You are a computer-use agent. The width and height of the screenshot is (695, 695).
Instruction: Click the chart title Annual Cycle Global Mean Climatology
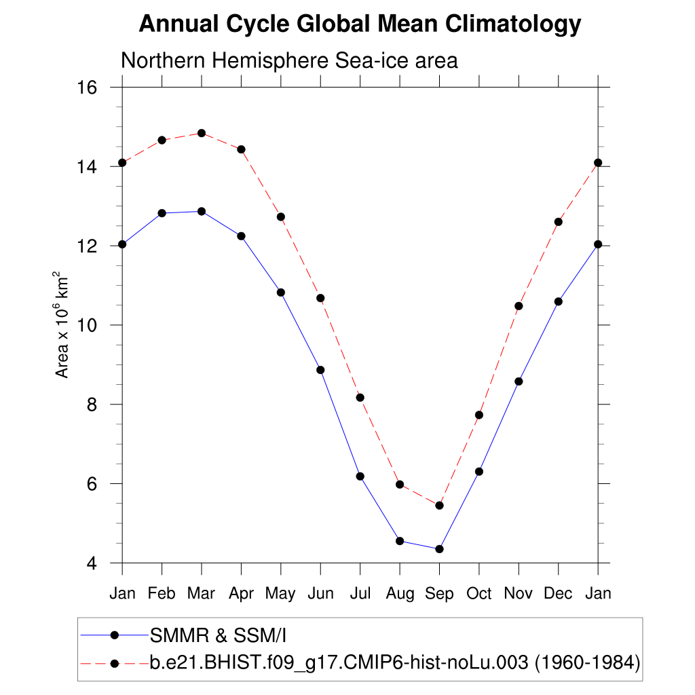[360, 24]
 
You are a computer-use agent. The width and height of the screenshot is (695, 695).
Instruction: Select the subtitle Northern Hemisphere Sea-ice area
[289, 61]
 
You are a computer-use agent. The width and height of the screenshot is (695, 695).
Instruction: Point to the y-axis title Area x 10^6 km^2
[62, 325]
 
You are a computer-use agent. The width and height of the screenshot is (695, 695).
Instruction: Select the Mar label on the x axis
[201, 594]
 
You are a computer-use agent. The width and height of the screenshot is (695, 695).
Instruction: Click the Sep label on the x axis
[439, 594]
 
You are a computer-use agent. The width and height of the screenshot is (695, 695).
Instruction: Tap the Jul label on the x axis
[360, 594]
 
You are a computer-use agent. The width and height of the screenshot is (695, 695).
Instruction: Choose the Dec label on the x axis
[559, 594]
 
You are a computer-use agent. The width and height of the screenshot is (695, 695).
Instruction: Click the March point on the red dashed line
[202, 133]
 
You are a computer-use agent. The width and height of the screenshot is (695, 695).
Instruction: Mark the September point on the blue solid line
[439, 549]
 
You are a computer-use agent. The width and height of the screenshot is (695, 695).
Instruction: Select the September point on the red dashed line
[439, 506]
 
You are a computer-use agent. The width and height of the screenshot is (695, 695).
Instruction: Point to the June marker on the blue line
[320, 370]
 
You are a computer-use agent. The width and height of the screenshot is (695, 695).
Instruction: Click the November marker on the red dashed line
[519, 306]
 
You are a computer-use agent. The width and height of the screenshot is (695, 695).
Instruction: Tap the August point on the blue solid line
[400, 541]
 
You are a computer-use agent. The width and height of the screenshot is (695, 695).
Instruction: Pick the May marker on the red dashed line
[280, 217]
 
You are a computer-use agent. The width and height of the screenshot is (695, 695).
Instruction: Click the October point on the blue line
[479, 472]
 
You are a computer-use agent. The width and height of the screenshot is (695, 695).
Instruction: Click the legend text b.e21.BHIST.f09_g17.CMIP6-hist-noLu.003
[339, 663]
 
